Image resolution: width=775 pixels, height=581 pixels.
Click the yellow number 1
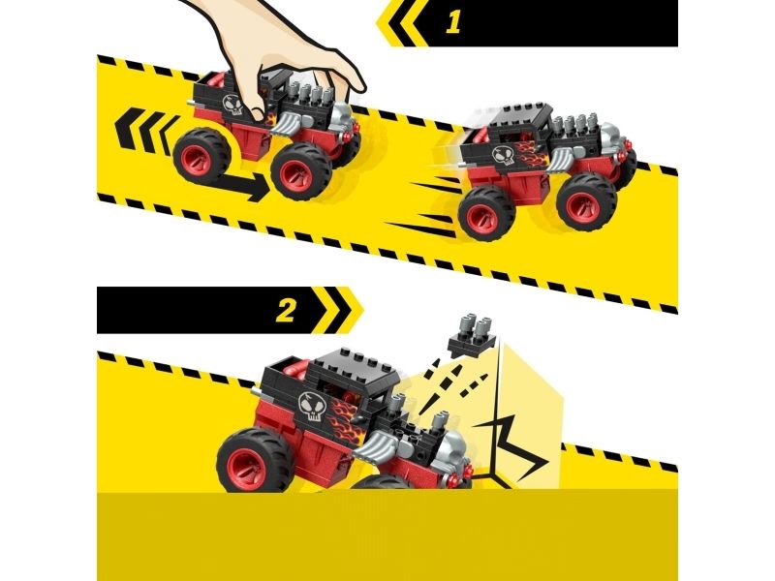tap(453, 22)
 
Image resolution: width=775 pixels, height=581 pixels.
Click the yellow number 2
tap(285, 310)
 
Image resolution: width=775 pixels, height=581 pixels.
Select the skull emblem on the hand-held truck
tap(232, 105)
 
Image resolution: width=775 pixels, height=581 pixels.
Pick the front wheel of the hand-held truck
tap(300, 171)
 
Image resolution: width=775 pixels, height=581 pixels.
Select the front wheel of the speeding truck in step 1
tap(587, 204)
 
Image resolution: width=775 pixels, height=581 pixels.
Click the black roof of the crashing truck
tap(356, 365)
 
